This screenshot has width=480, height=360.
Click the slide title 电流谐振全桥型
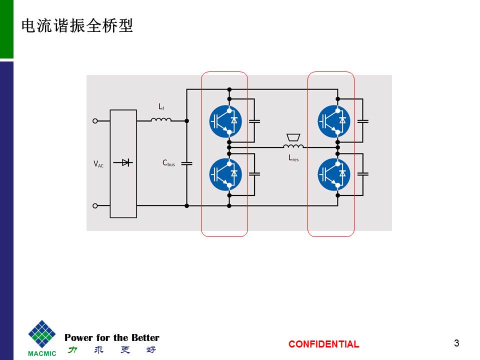(x=77, y=26)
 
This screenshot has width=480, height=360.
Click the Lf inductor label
(x=161, y=106)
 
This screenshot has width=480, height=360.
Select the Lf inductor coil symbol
(x=161, y=119)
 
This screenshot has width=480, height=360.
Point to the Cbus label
(x=168, y=163)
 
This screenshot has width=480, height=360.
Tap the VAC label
(x=98, y=163)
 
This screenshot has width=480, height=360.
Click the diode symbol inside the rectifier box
(x=123, y=162)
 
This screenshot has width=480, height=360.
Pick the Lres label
(x=293, y=158)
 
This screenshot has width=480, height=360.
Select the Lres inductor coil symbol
(x=293, y=146)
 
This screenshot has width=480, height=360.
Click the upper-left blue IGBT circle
(x=225, y=120)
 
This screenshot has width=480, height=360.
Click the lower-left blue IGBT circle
(x=225, y=173)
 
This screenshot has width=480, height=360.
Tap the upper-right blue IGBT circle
(x=334, y=120)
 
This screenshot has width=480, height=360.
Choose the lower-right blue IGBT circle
(x=334, y=173)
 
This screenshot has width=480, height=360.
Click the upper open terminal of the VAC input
(x=95, y=120)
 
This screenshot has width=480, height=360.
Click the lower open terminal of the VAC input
(x=95, y=205)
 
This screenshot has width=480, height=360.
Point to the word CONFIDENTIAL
(x=323, y=344)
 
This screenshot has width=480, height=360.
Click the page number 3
(x=456, y=343)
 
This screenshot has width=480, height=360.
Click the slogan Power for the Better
(x=112, y=338)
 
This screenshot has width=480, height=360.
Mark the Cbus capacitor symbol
(x=186, y=163)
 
